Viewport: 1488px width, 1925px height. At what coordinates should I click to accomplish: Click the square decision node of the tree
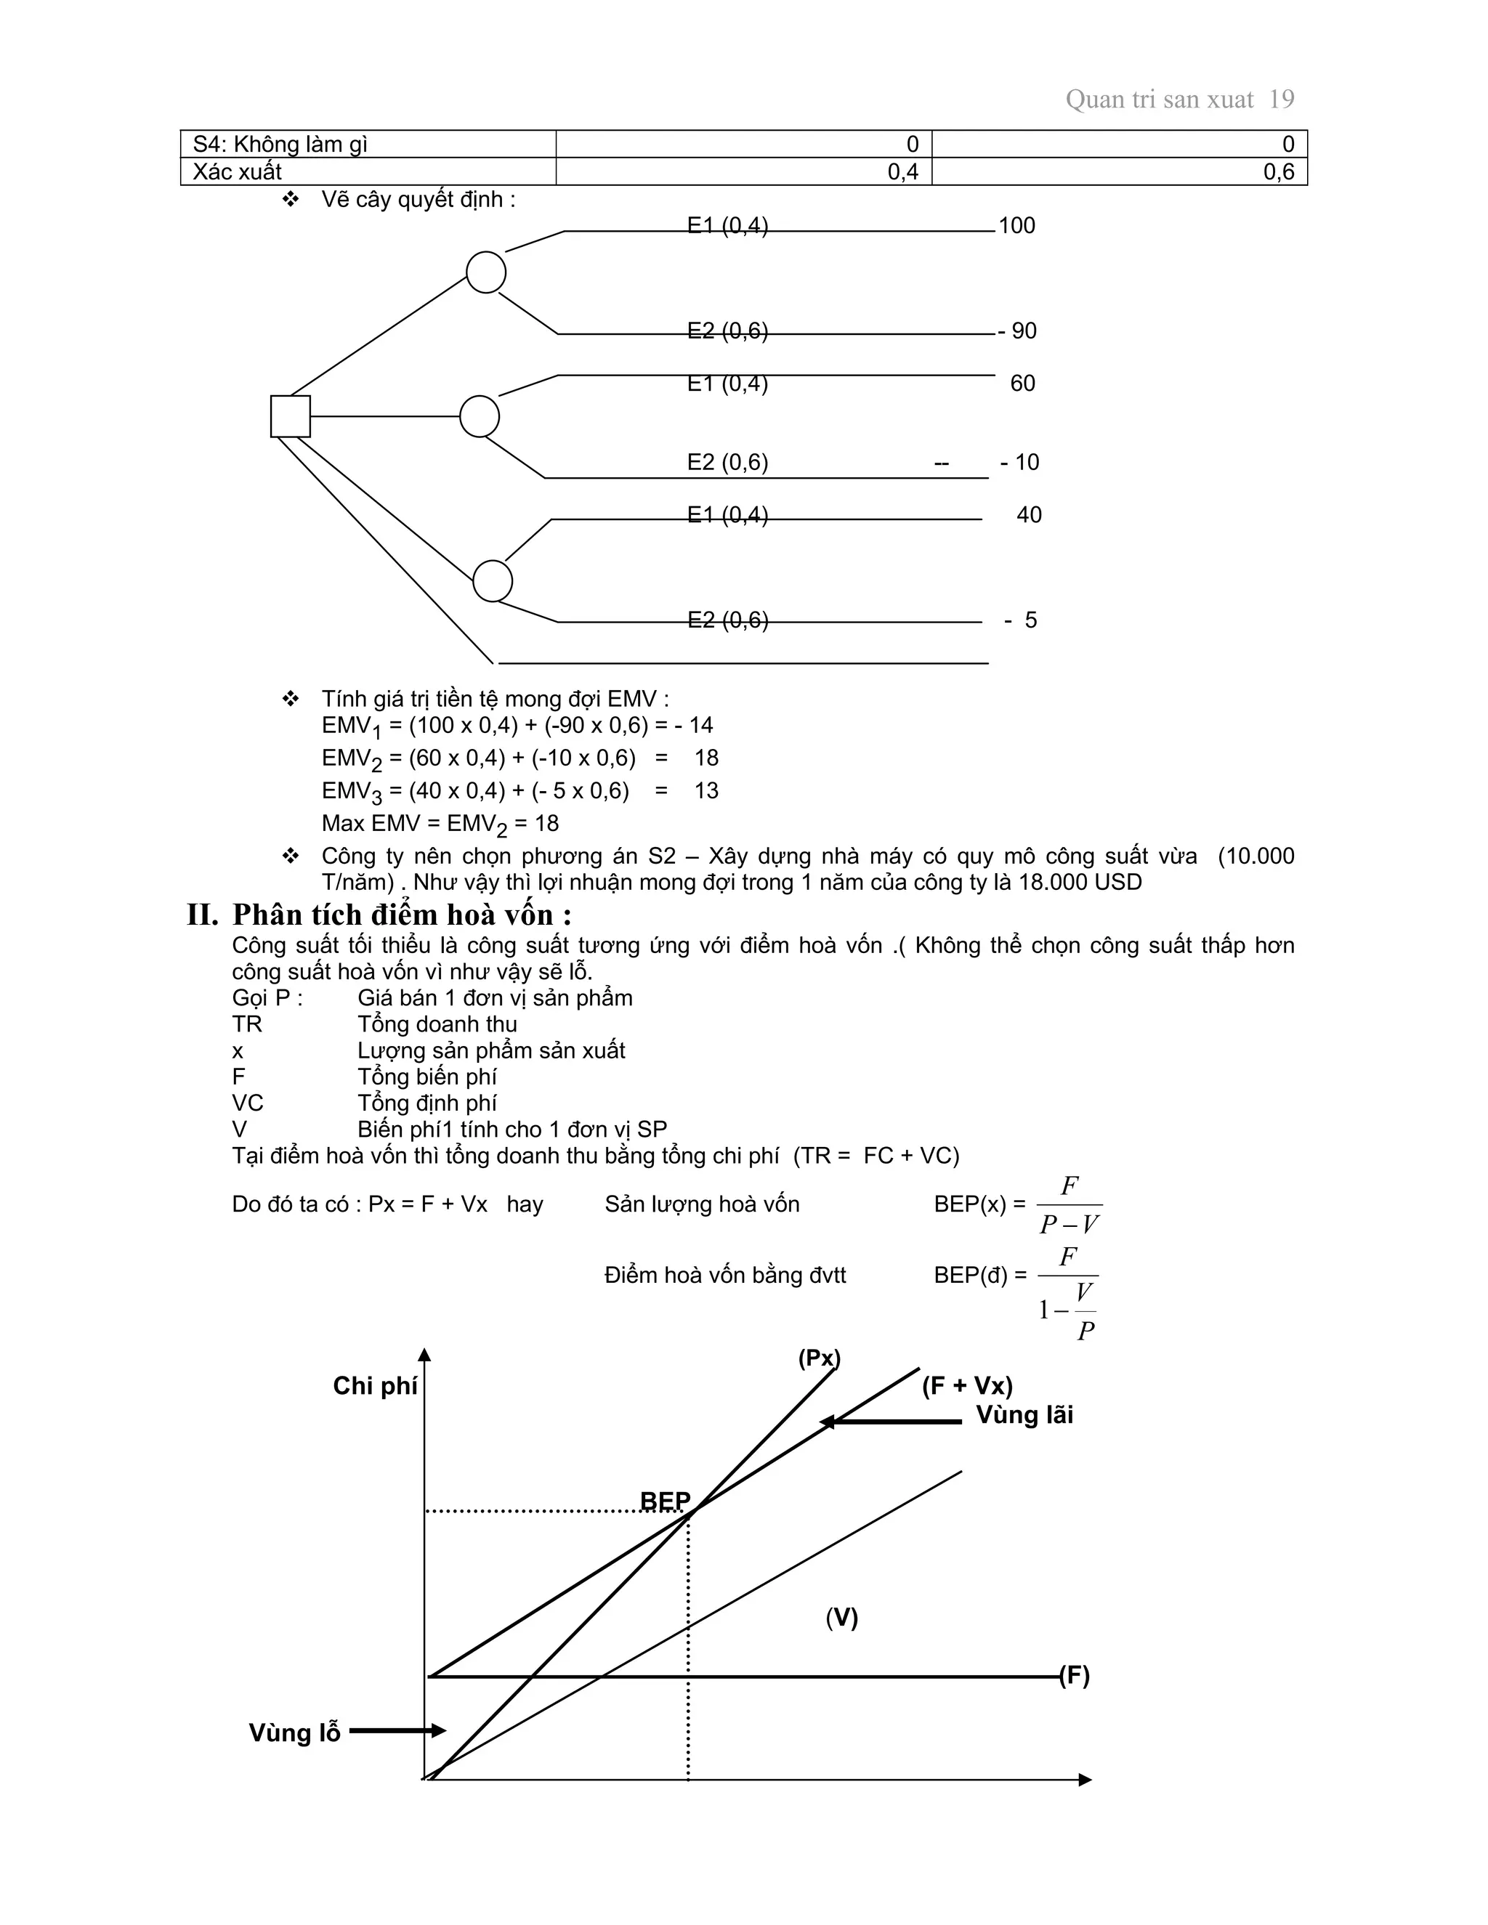[290, 416]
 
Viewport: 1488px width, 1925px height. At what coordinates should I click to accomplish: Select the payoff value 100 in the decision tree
[1016, 226]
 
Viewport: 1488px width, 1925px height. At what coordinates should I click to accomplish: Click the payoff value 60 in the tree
[1022, 384]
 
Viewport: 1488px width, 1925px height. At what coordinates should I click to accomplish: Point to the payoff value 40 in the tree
[1029, 515]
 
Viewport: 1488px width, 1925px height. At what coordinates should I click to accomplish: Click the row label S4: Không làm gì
[280, 145]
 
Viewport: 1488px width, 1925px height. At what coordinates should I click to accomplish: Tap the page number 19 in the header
[1281, 100]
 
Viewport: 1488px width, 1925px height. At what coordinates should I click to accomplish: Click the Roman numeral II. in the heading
[203, 915]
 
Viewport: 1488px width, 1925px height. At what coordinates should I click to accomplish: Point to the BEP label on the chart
[666, 1501]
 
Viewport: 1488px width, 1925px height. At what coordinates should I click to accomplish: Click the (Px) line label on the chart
[819, 1358]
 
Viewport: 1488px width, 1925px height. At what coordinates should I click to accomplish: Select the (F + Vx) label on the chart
[967, 1385]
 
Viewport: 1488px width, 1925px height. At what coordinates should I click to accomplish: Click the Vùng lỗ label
[294, 1732]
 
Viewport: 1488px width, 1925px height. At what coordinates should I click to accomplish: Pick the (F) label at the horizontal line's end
[1075, 1676]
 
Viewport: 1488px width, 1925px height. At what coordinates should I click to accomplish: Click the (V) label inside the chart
[842, 1618]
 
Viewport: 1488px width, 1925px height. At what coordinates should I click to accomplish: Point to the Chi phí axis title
[375, 1385]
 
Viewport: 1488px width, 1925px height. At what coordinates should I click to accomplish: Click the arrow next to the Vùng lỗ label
[397, 1731]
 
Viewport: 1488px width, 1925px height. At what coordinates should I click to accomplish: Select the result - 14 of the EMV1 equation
[694, 726]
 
